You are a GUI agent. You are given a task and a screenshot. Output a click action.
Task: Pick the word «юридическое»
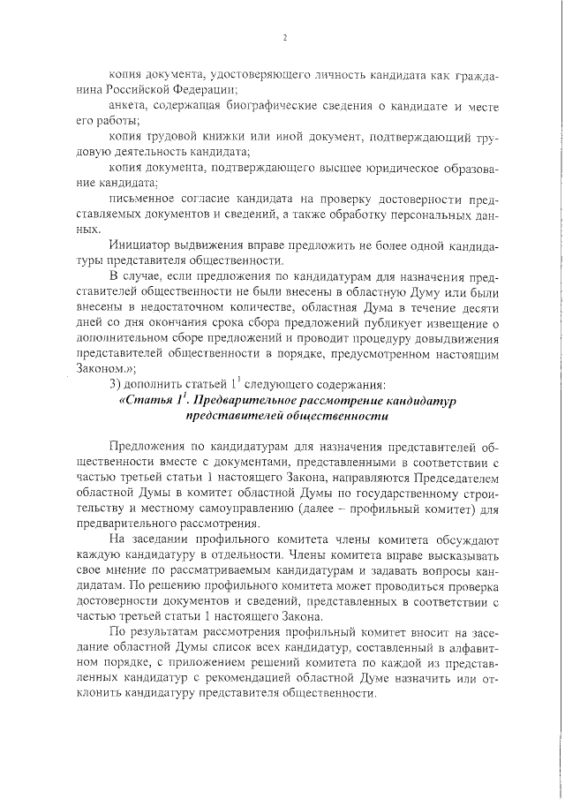pyautogui.click(x=384, y=168)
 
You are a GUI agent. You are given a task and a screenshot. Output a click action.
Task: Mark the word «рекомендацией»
pyautogui.click(x=285, y=678)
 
